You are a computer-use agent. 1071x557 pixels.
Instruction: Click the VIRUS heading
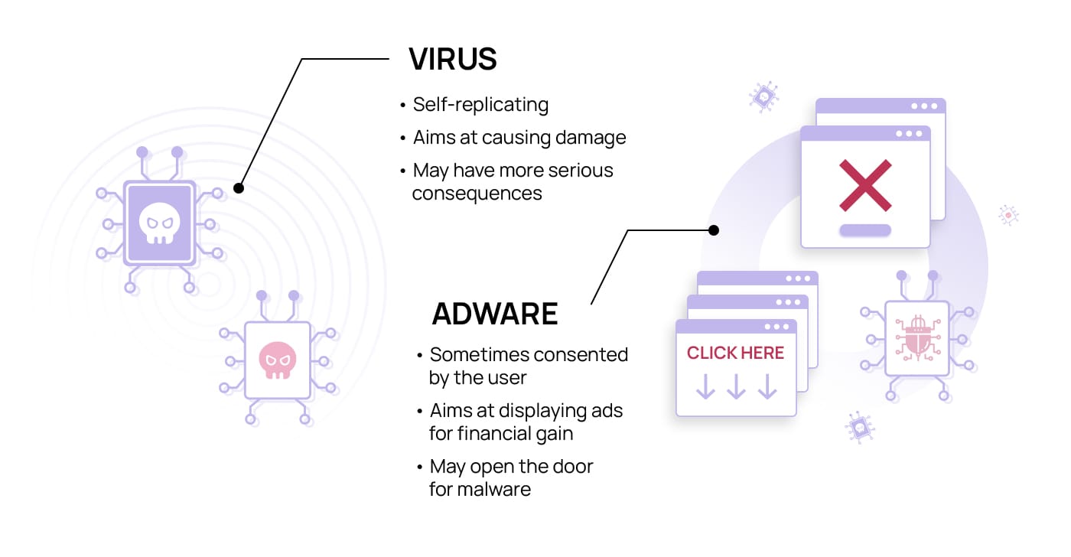(453, 59)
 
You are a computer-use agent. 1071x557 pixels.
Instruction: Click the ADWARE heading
(495, 314)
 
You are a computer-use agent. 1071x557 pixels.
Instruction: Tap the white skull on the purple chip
(160, 223)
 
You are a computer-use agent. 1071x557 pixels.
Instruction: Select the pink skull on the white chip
(277, 360)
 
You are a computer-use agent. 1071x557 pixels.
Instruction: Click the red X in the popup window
(865, 185)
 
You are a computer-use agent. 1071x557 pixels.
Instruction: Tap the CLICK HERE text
(735, 353)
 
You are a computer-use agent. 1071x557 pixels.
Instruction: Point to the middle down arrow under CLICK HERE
(736, 386)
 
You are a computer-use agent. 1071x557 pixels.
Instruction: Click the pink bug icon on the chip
(917, 338)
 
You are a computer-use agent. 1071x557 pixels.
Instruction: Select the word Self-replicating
(480, 105)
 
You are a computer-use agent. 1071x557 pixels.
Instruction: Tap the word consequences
(477, 194)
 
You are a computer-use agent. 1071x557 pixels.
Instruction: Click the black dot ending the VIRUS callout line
(239, 188)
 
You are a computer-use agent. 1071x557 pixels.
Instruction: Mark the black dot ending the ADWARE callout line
(714, 230)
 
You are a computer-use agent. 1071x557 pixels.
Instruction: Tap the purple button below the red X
(865, 230)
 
